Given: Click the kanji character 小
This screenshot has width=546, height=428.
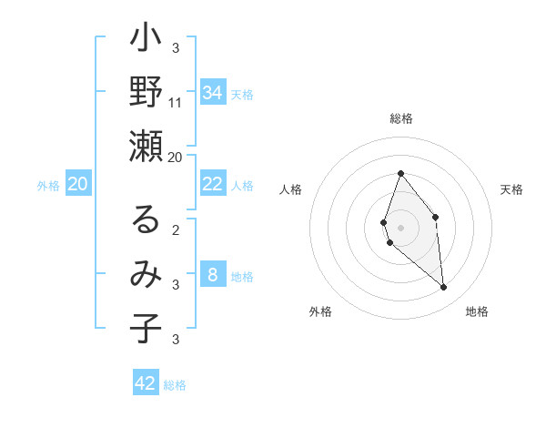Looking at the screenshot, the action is (x=146, y=42).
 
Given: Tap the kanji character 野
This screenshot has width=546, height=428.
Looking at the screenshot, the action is (x=146, y=94).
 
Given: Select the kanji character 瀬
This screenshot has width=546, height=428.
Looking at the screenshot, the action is (x=146, y=147).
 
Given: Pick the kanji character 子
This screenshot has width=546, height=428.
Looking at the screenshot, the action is (x=146, y=329).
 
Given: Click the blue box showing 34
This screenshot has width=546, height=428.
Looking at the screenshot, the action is (x=212, y=93).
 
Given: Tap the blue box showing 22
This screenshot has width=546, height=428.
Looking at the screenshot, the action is (x=212, y=184).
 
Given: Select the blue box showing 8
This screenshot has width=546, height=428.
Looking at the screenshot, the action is (x=212, y=276).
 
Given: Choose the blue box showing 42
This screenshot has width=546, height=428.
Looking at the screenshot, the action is (x=146, y=383).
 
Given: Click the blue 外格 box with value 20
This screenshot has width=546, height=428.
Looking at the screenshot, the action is (x=78, y=185).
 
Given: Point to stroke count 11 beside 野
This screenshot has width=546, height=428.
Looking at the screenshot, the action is (x=176, y=102).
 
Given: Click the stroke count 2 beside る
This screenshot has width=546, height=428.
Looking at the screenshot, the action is (x=176, y=230).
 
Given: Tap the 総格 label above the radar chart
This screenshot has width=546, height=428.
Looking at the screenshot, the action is (x=400, y=118).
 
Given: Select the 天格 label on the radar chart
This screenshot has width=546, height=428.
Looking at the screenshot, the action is (x=511, y=189).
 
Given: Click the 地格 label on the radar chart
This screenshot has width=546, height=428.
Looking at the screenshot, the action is (x=477, y=311).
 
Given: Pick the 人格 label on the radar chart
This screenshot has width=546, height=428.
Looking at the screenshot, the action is (x=291, y=189).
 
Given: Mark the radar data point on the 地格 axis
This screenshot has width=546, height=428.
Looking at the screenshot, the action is (x=444, y=288).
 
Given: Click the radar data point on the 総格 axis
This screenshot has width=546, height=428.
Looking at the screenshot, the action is (x=400, y=174).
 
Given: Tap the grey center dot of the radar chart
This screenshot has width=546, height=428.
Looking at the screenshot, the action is (x=400, y=228).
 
